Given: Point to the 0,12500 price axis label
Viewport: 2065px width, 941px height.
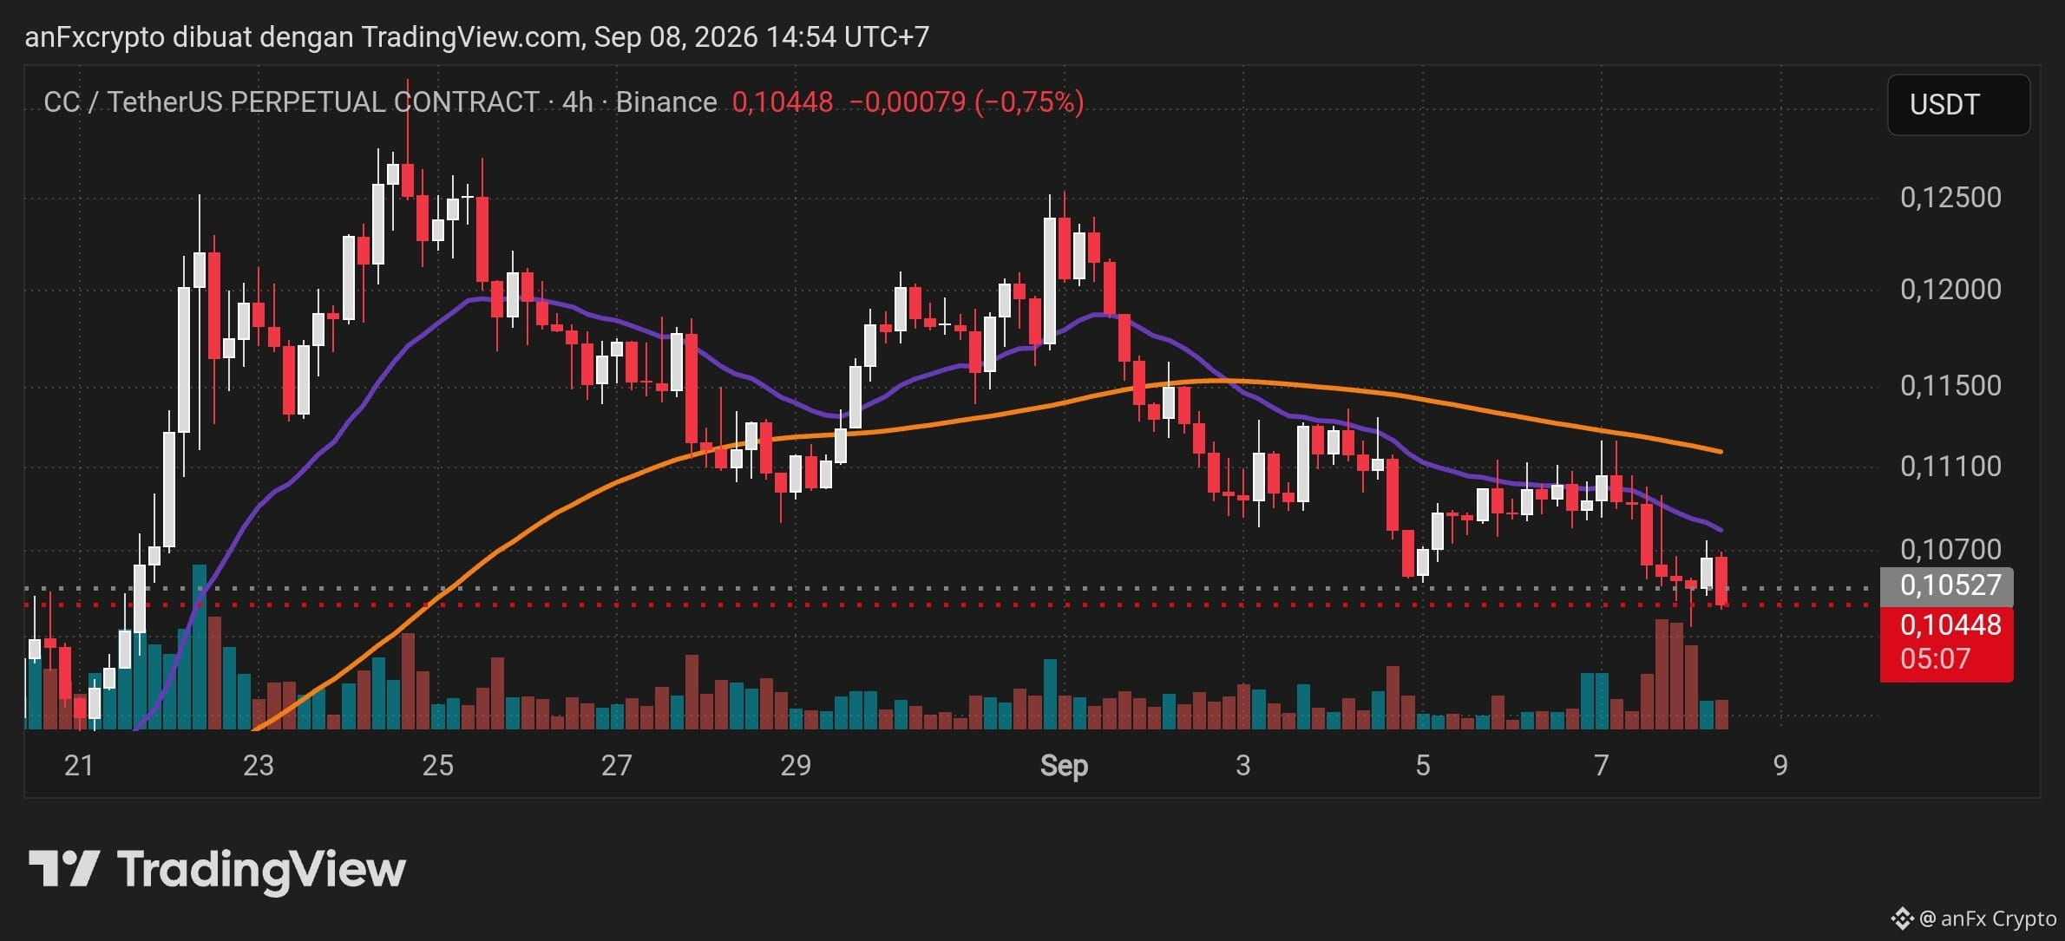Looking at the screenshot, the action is point(1950,198).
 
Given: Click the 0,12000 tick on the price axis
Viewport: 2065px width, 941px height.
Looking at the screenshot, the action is point(1950,290).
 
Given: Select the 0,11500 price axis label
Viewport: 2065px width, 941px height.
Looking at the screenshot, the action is point(1950,386).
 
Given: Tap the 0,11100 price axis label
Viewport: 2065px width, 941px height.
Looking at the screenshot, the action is point(1950,467).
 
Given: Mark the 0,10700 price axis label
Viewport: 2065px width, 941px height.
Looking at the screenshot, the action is point(1950,549).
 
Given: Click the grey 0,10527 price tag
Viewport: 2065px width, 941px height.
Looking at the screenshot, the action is point(1946,585).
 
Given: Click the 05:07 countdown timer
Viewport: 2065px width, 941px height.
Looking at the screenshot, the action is point(1935,659).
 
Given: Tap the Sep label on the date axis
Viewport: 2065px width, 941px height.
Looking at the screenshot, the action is point(1064,765).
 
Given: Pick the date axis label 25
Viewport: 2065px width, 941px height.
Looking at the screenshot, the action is point(437,765).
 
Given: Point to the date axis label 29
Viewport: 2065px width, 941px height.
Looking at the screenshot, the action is point(796,765).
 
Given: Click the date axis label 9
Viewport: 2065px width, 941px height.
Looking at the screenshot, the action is point(1780,765).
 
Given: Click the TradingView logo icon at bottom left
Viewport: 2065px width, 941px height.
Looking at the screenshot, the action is point(64,868).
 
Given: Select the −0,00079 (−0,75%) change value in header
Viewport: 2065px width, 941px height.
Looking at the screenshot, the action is point(967,102).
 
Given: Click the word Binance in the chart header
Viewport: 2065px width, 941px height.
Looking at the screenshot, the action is point(666,102).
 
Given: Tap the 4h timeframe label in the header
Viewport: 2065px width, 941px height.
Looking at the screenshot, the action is point(578,102).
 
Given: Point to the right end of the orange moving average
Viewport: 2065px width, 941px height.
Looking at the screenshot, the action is point(1721,452).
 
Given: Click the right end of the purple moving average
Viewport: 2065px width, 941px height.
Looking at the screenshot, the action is point(1721,530).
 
